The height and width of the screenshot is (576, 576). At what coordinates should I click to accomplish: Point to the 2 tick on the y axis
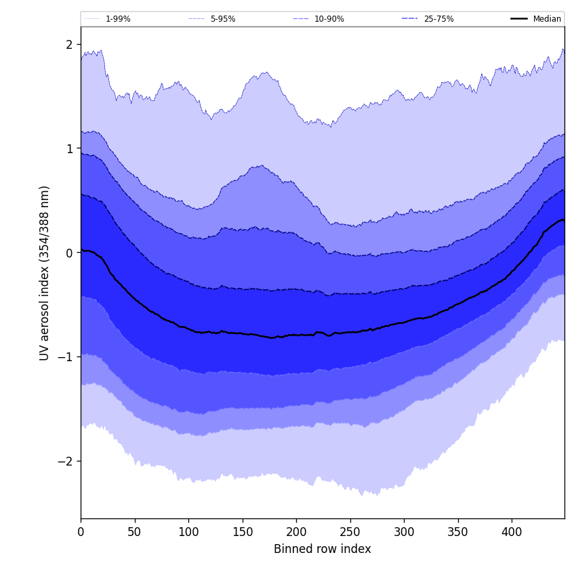click(69, 45)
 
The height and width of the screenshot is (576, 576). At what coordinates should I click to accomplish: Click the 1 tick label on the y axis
click(69, 148)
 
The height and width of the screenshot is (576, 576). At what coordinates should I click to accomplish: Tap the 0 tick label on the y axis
click(69, 253)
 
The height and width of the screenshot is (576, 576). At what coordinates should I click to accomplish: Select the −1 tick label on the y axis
click(65, 356)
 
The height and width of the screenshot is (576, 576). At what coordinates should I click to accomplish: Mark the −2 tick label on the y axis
click(65, 461)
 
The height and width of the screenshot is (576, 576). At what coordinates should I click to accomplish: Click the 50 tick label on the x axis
click(134, 532)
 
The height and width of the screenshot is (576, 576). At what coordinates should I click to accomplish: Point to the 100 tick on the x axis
click(188, 532)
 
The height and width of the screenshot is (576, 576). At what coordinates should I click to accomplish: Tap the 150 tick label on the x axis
click(242, 532)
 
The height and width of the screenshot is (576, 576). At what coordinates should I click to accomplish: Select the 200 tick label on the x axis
click(296, 532)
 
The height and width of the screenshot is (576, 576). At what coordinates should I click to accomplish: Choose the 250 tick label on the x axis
click(350, 532)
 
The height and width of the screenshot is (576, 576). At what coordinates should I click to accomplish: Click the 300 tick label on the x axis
click(404, 532)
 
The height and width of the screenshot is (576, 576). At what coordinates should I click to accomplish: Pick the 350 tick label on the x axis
click(457, 532)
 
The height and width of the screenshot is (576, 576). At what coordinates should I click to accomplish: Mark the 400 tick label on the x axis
click(512, 532)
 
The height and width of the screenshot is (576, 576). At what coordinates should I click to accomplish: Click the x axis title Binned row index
click(323, 550)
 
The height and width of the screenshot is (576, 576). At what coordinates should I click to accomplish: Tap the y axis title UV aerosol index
click(45, 272)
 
